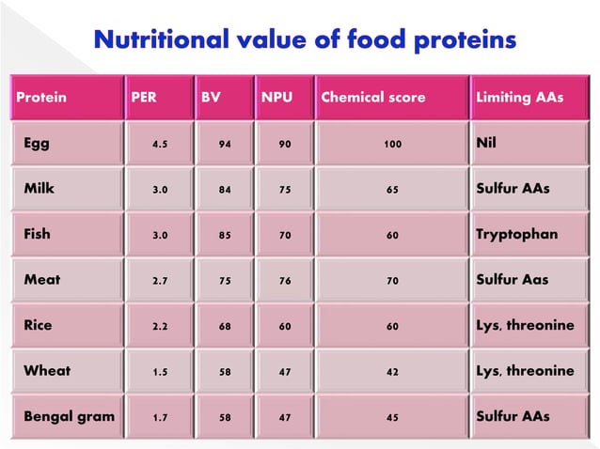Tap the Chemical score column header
pos(372,98)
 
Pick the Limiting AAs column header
pos(519,98)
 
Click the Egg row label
pos(38,145)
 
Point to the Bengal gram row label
pos(69,416)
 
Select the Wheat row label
pos(47,371)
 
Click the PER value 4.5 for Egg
pos(161,146)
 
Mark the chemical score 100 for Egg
pos(392,146)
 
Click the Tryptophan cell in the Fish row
pos(516,235)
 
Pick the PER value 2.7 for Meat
pos(161,281)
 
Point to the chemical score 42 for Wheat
pos(392,372)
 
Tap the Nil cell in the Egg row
pos(489,145)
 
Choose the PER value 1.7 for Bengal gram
pos(161,417)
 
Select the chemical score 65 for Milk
pos(392,191)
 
